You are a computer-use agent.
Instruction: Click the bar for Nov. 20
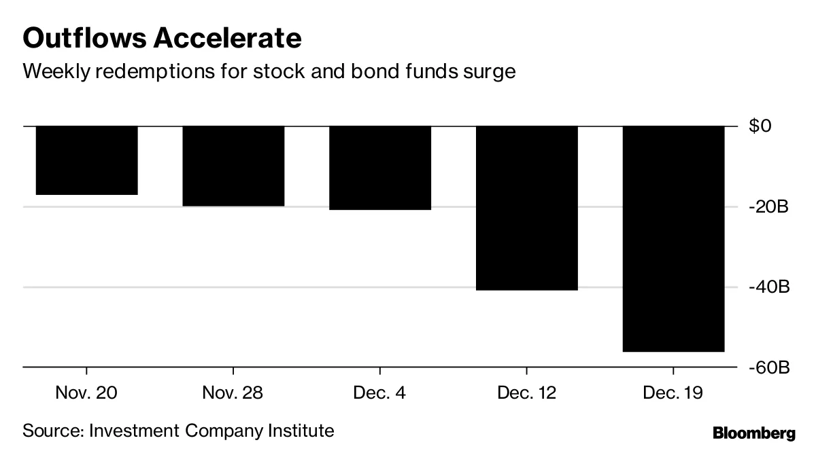86,160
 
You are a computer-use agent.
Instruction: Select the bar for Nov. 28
233,166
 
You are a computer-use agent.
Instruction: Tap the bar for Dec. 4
380,168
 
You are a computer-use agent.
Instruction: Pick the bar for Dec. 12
526,208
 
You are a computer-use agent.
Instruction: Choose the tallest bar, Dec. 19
673,238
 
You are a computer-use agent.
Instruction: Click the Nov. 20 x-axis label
86,393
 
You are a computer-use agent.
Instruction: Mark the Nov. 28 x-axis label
233,393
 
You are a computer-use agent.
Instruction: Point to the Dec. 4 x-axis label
380,393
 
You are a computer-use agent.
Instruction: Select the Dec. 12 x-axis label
526,393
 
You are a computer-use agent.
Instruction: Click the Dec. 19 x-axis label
673,393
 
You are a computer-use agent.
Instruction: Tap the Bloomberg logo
753,433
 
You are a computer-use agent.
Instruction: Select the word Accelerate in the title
226,39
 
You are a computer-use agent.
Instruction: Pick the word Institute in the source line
303,431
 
